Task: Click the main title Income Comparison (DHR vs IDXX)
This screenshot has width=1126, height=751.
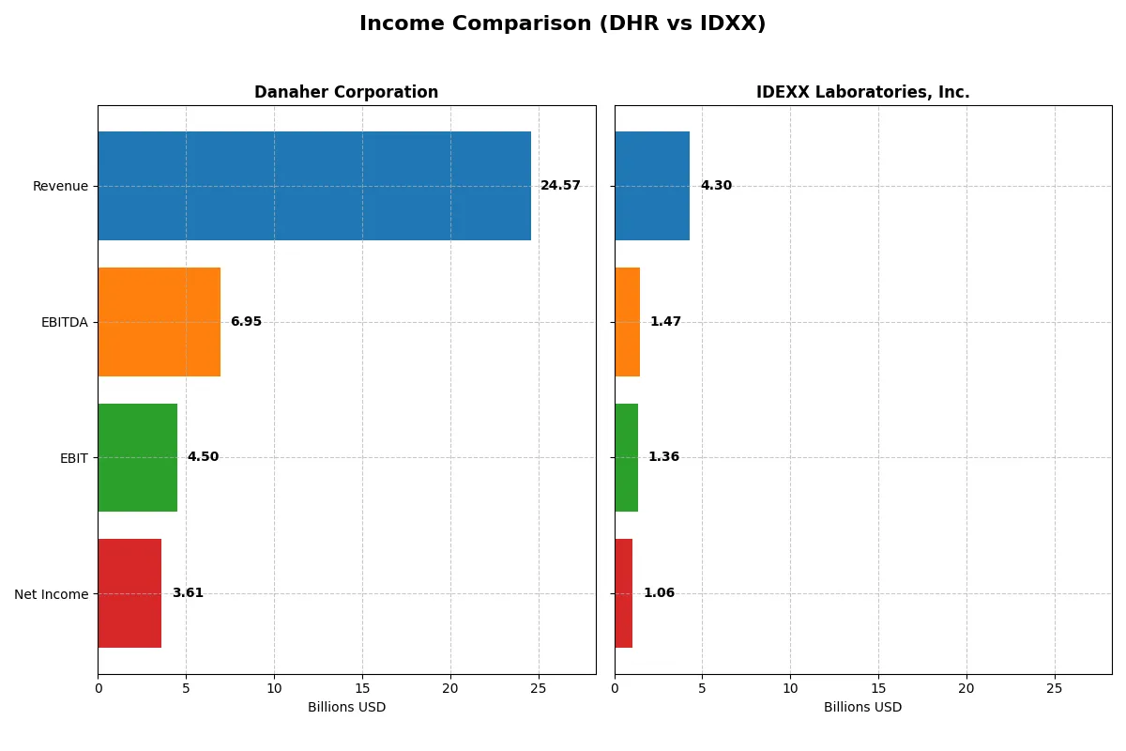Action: tap(562, 24)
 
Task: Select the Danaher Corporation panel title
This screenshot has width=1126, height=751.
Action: tap(346, 92)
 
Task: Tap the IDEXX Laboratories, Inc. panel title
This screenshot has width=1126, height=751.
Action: tap(862, 92)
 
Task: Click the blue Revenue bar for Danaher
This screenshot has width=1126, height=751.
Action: tap(314, 186)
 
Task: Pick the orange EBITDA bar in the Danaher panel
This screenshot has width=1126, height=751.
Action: tap(159, 322)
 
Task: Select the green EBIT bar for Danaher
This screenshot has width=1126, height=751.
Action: tap(137, 457)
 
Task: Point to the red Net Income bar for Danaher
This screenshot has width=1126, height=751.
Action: tap(129, 593)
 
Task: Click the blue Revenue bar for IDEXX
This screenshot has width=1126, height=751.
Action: tap(652, 186)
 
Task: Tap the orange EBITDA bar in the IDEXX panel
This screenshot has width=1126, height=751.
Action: tap(627, 322)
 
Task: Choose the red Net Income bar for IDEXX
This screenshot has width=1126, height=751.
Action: tap(623, 593)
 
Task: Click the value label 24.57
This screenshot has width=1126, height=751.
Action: tap(560, 186)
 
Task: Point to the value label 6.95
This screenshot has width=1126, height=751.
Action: tap(246, 322)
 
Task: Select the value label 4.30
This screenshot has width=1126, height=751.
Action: tap(716, 186)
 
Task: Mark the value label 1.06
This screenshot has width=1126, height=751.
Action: tap(659, 593)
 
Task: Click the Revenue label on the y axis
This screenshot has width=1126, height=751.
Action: tap(60, 186)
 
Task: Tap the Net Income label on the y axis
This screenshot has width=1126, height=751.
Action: tap(52, 594)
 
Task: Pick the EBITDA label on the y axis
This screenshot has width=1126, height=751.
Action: tap(64, 322)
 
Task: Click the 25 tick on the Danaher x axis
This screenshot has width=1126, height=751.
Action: tap(538, 688)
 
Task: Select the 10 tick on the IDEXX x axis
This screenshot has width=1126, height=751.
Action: tap(790, 688)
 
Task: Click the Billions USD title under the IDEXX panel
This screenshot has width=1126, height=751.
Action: tap(862, 708)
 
